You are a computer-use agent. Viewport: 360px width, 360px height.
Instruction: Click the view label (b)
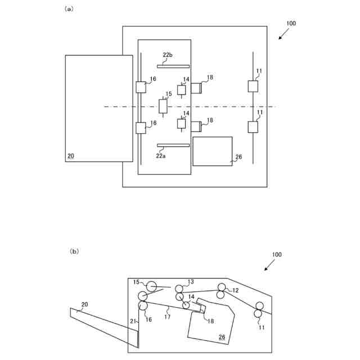[74, 251]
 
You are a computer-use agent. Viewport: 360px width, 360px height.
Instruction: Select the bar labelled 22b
[173, 66]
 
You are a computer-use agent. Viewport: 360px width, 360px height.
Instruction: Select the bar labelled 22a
[173, 145]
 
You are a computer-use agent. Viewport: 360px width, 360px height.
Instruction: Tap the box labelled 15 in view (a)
[164, 106]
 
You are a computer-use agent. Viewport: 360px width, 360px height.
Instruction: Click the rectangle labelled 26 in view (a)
[212, 151]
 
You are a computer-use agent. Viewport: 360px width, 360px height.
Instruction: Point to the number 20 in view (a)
[70, 156]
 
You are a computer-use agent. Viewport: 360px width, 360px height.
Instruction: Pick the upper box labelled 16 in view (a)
[141, 87]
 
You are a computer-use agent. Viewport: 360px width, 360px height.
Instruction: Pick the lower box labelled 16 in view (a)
[141, 128]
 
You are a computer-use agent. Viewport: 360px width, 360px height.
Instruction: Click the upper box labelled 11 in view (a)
[253, 86]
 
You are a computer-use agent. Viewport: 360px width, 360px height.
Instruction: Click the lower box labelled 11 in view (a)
[253, 127]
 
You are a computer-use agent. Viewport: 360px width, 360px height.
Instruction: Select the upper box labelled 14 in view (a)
[182, 90]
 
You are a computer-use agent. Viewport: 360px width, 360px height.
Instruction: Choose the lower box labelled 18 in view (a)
[196, 126]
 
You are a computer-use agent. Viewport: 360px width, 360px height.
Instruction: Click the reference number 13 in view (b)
[191, 282]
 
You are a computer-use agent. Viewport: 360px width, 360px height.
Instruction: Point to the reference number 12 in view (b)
[236, 290]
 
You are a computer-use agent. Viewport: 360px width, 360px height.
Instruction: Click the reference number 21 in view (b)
[133, 321]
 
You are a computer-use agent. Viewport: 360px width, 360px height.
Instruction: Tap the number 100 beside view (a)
[291, 24]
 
